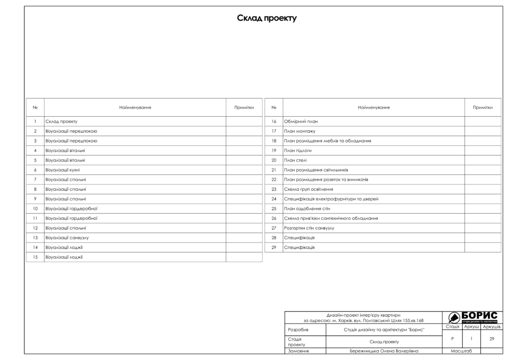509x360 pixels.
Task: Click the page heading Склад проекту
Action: pos(266,18)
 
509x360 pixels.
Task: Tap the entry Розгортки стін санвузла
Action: pos(309,228)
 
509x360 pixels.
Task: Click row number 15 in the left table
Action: pos(35,257)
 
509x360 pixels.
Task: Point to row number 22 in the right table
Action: pos(274,180)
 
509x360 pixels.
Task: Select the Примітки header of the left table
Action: pos(244,107)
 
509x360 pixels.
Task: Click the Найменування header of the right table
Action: pos(373,107)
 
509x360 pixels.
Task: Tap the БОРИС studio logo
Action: pos(472,317)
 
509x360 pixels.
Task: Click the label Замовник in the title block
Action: pos(299,351)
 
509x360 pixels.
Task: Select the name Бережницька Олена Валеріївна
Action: pos(384,351)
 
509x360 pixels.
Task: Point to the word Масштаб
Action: pos(461,351)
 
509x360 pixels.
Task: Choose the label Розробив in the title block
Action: pos(298,330)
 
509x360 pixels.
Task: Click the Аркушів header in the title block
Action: pos(492,327)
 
